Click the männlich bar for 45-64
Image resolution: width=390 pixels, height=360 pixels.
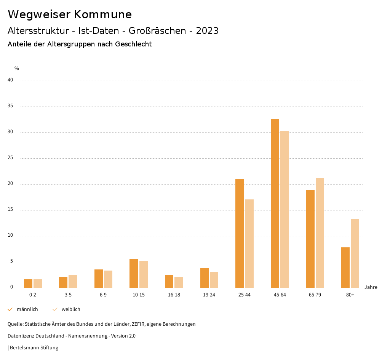point(275,203)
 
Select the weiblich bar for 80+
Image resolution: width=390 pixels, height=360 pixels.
point(355,253)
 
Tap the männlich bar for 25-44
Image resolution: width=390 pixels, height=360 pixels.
point(240,233)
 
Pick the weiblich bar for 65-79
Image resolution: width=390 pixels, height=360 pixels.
point(320,233)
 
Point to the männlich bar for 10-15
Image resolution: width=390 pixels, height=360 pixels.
point(134,273)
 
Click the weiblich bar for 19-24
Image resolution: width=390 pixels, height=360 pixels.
point(214,280)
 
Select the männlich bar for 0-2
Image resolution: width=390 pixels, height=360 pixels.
point(28,284)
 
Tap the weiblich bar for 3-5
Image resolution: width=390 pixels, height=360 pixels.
point(73,281)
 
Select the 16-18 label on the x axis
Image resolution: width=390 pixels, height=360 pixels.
point(174,295)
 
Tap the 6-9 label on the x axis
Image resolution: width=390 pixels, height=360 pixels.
point(103,295)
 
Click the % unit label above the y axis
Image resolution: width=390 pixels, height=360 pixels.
point(17,68)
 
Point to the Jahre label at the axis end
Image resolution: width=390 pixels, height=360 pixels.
point(371,287)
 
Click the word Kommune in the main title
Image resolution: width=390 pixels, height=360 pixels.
point(103,14)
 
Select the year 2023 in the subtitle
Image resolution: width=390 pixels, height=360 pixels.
point(207,31)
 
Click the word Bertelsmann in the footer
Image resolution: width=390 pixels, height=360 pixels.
point(24,348)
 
